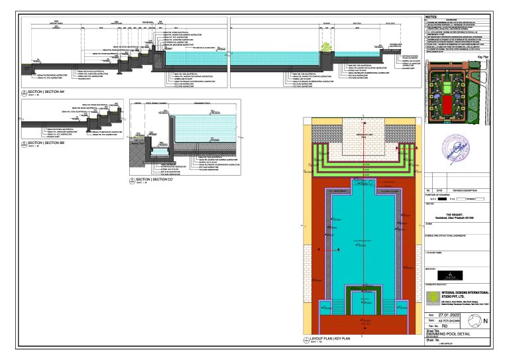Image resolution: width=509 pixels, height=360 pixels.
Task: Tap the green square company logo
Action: (432, 297)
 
